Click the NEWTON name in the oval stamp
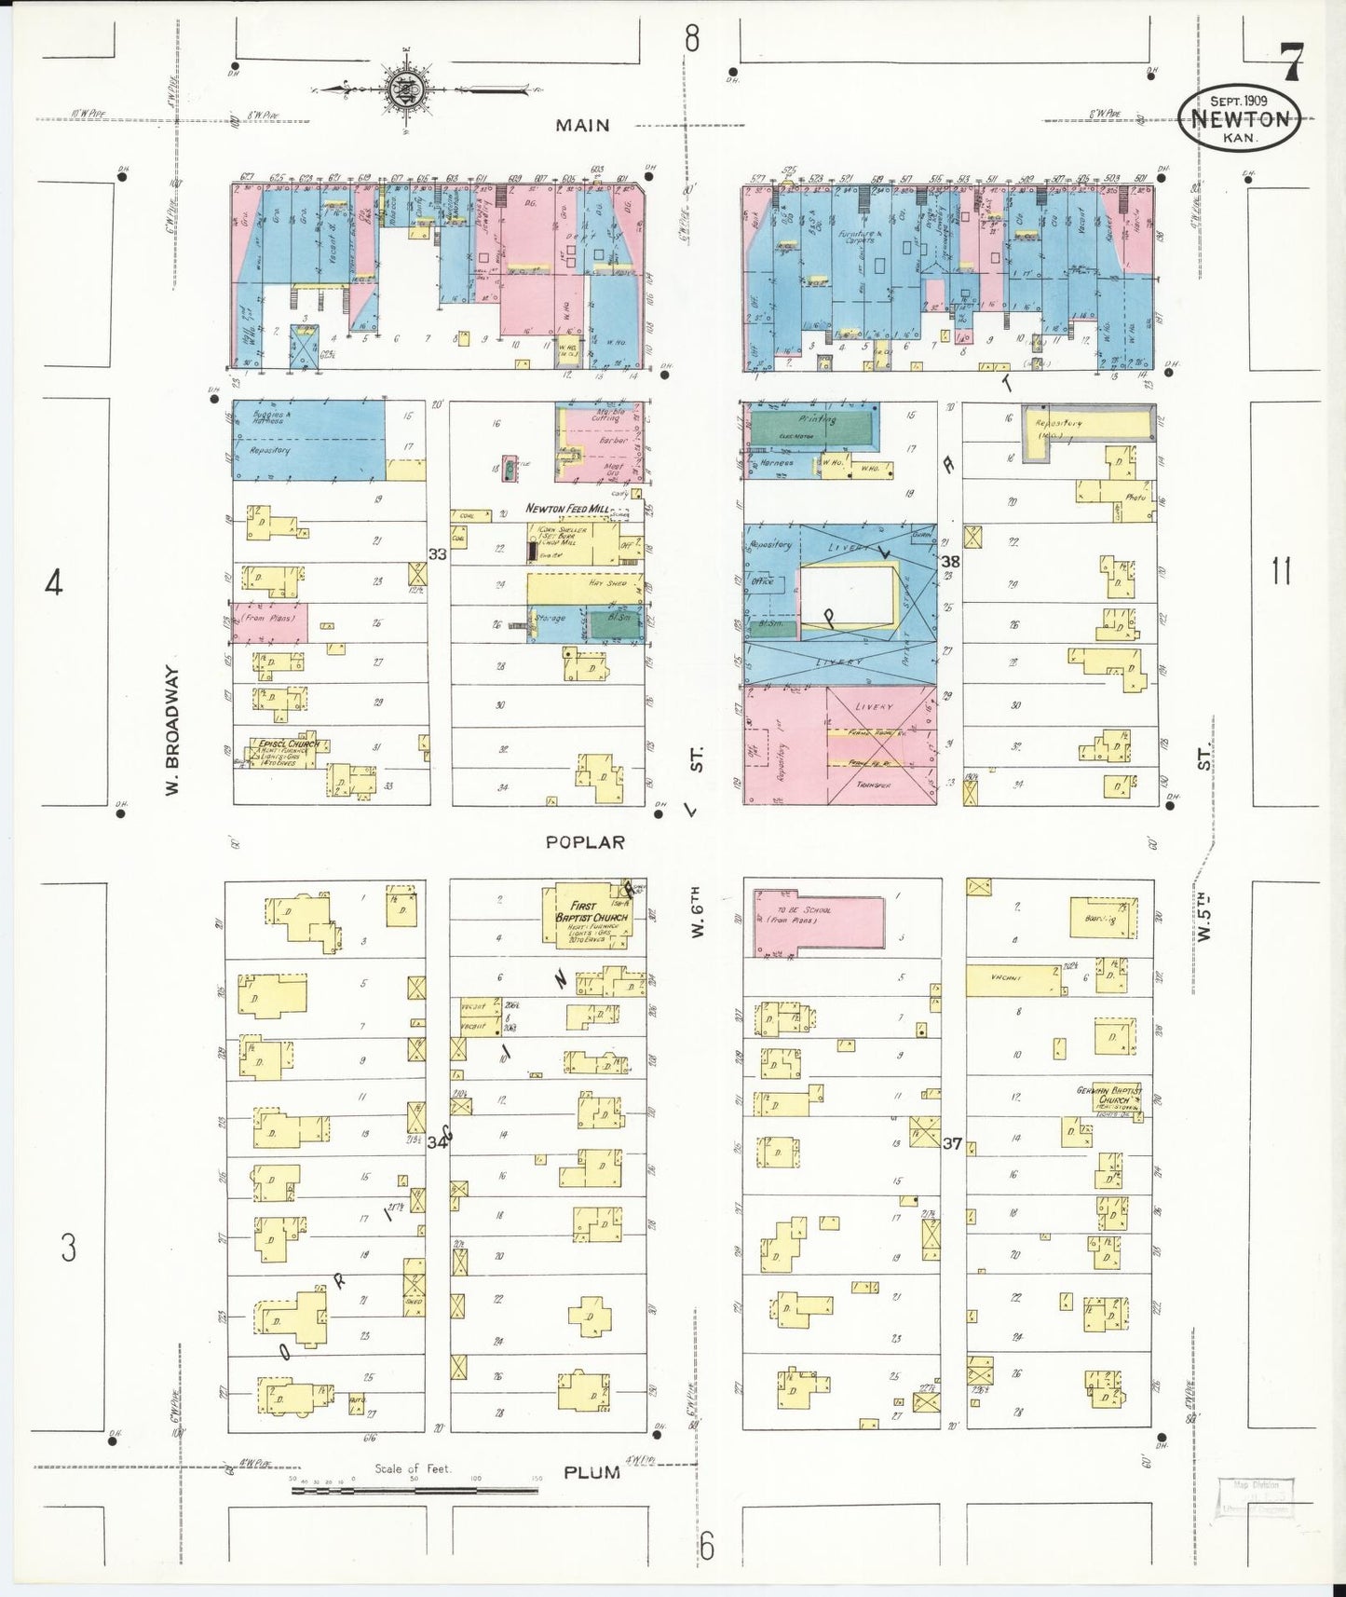1239,119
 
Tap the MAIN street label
582,125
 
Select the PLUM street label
591,1472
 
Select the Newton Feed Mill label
567,509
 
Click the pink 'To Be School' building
818,924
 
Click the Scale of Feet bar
415,1491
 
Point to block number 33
437,554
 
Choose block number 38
950,561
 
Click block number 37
951,1143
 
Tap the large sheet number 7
1291,62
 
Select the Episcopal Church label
283,744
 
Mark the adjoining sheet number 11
1282,570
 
